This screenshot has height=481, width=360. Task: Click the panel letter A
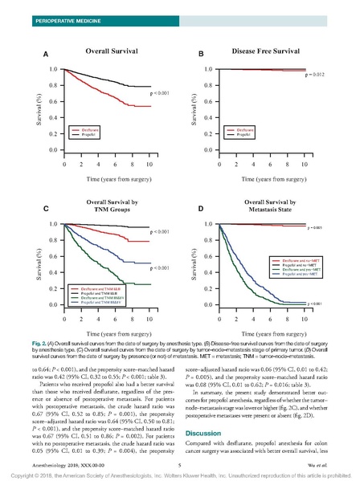(46, 54)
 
